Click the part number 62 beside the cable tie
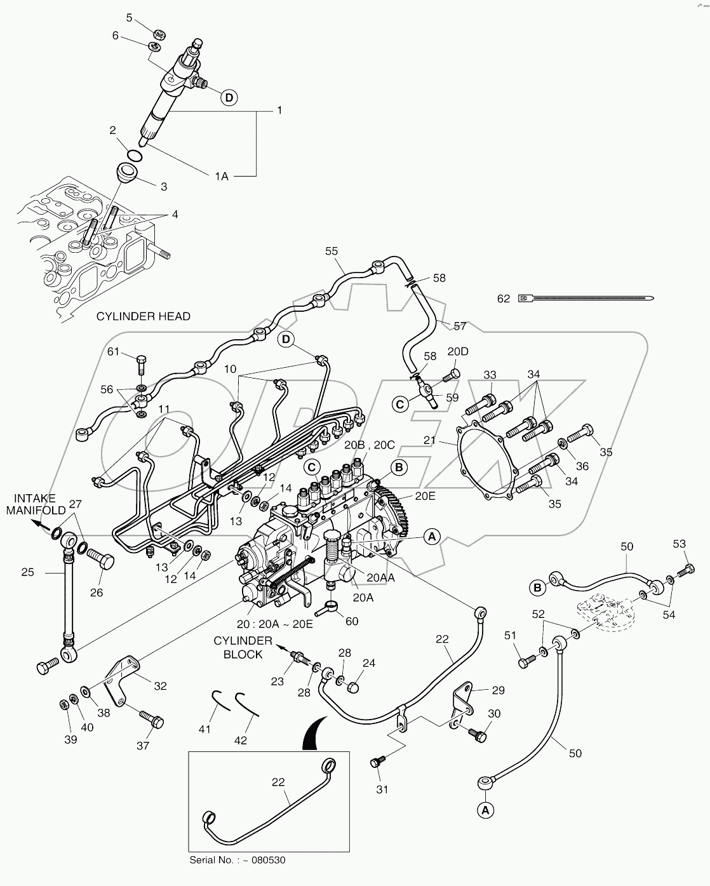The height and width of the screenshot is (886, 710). coord(503,298)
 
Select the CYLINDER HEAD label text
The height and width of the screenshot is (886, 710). coord(143,316)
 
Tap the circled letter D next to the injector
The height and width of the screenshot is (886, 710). coord(229,97)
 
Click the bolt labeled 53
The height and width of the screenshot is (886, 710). coord(685,570)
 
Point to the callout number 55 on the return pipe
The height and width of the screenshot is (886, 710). coord(332,251)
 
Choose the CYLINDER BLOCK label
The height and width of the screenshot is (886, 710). coord(243,648)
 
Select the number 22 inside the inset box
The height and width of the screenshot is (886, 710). coord(278,782)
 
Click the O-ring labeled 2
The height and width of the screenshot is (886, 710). coord(134,155)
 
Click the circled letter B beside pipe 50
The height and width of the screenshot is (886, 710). coord(537,588)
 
